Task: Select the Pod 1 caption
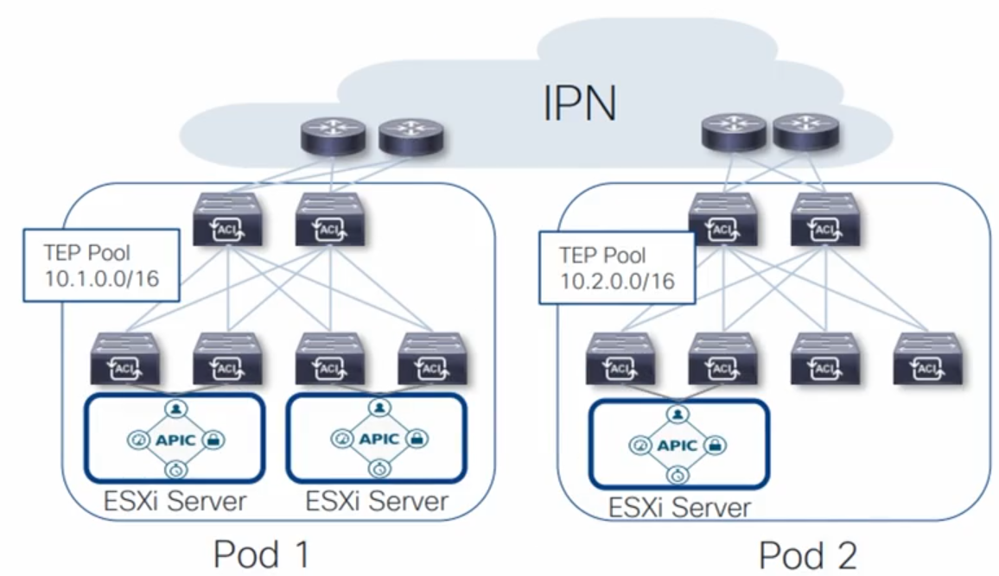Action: (x=260, y=554)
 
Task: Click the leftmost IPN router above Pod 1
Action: (x=334, y=136)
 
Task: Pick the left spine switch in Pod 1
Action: (x=226, y=221)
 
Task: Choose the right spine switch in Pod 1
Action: (x=330, y=221)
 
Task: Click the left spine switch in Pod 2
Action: (x=722, y=221)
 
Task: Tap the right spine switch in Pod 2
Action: (x=824, y=221)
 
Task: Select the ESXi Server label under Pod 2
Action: (x=679, y=507)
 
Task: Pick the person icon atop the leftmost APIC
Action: (x=175, y=407)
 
